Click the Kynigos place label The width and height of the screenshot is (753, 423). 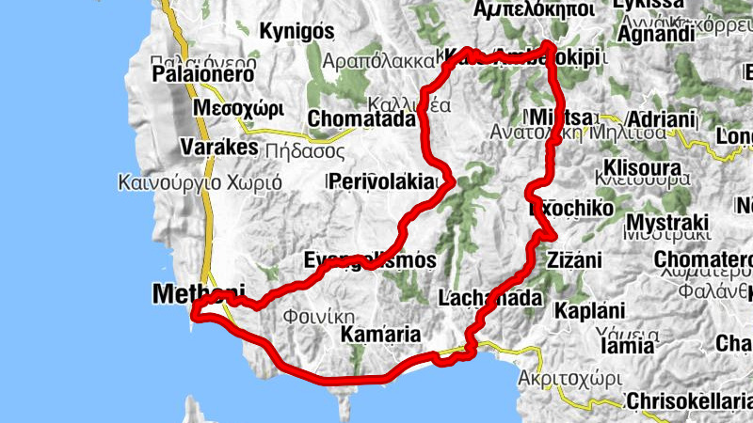point(296,31)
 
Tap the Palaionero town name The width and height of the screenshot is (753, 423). point(203,73)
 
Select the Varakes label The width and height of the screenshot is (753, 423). point(218,149)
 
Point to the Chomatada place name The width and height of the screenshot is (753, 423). point(361,119)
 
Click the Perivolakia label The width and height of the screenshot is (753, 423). point(382,182)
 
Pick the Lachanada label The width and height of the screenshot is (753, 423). point(490,299)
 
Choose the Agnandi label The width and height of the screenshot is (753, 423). point(656,35)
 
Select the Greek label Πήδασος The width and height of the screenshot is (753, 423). point(301,149)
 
